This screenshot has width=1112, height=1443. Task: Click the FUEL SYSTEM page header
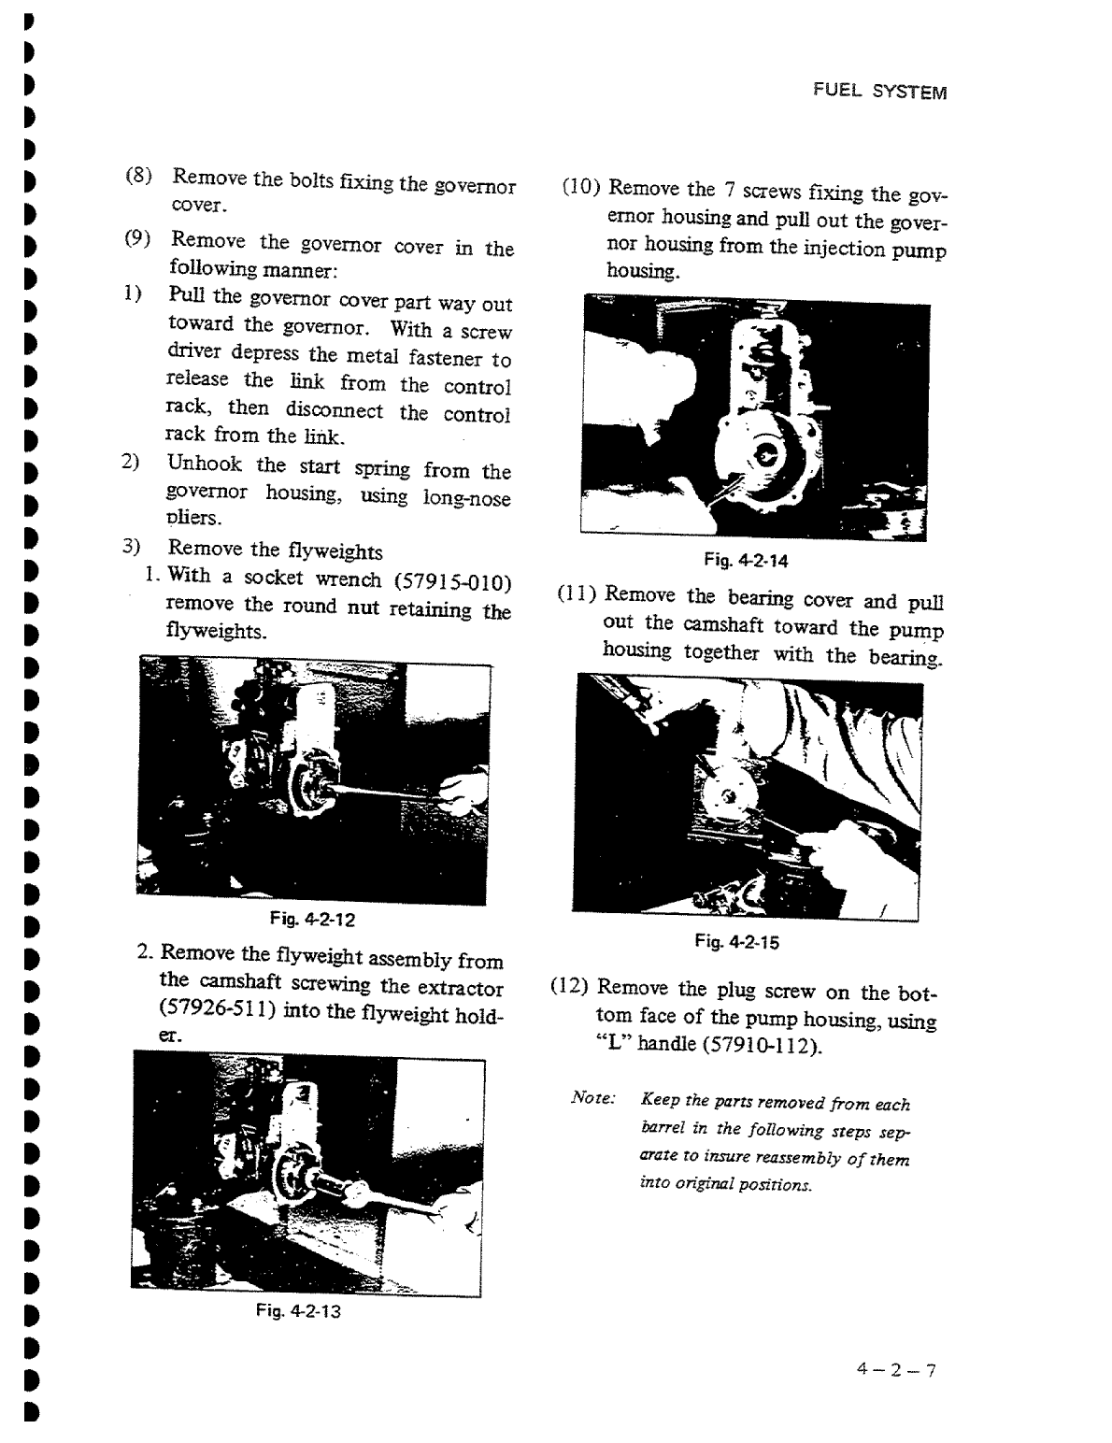[879, 92]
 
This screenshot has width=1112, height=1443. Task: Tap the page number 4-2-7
[895, 1371]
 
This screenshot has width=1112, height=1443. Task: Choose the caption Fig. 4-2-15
[737, 942]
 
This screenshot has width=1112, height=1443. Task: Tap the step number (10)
[580, 186]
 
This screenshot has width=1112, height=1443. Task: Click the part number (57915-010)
[453, 583]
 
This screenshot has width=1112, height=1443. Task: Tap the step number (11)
[577, 593]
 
